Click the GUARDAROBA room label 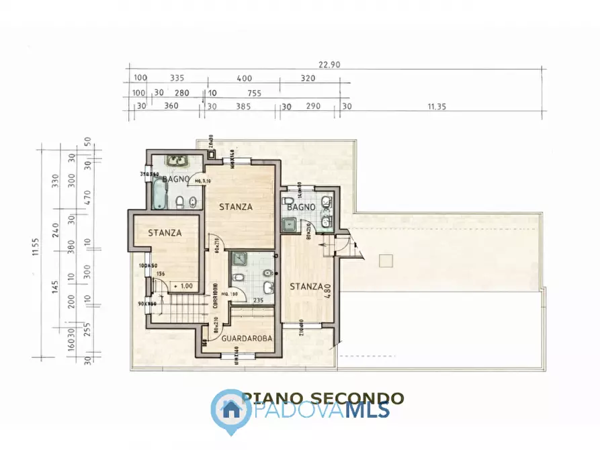pos(247,339)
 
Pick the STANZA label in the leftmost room pos(165,233)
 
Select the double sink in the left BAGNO pos(177,161)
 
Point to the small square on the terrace pos(385,260)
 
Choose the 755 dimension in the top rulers pos(254,93)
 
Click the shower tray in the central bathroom pos(239,258)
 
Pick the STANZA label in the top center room pos(236,207)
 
